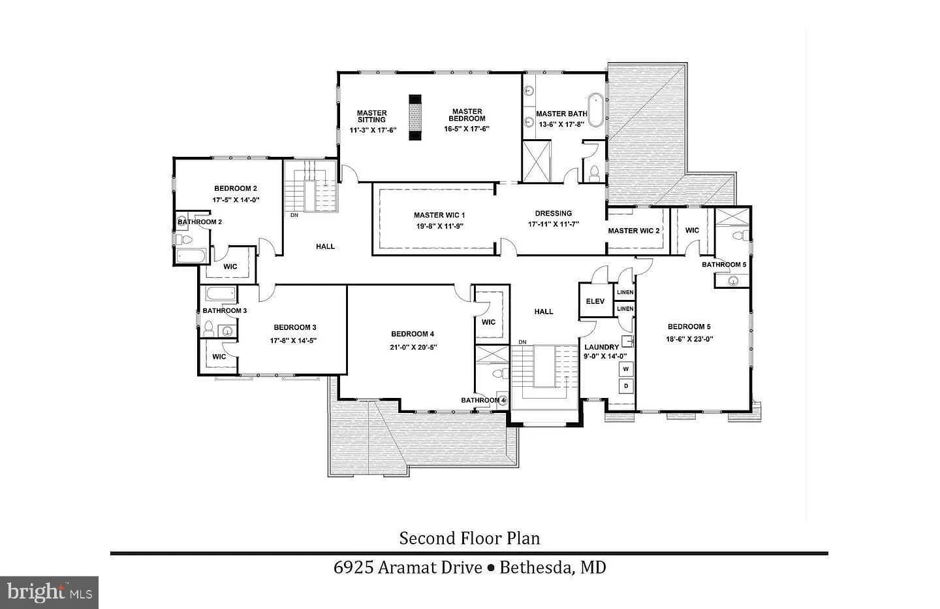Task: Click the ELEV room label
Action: pyautogui.click(x=595, y=302)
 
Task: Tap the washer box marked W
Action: pyautogui.click(x=626, y=369)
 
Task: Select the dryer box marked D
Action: pyautogui.click(x=626, y=386)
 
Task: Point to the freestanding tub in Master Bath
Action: pyautogui.click(x=595, y=110)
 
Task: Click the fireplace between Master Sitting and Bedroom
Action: pyautogui.click(x=415, y=117)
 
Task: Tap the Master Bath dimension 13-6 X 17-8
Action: pyautogui.click(x=561, y=124)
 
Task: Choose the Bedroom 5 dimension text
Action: pyautogui.click(x=689, y=339)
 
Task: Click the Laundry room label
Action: pyautogui.click(x=602, y=347)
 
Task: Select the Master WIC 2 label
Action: pyautogui.click(x=634, y=231)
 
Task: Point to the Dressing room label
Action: pyautogui.click(x=554, y=214)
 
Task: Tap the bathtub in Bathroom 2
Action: pyautogui.click(x=191, y=255)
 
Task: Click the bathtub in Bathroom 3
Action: pyautogui.click(x=221, y=293)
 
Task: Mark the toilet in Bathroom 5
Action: pyautogui.click(x=740, y=235)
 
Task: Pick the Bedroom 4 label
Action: pyautogui.click(x=413, y=334)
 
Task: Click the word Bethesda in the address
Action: pyautogui.click(x=536, y=567)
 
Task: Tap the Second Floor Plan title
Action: pyautogui.click(x=469, y=538)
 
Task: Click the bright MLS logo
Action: pyautogui.click(x=50, y=593)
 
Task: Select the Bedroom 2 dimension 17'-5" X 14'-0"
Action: pyautogui.click(x=236, y=200)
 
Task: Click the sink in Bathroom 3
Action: pyautogui.click(x=227, y=331)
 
